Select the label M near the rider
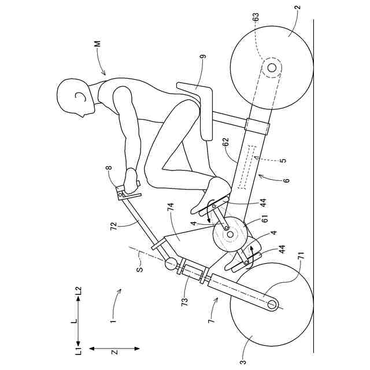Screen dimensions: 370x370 point(98,45)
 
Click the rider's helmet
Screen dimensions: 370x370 point(75,95)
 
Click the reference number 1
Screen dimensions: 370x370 point(114,316)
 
